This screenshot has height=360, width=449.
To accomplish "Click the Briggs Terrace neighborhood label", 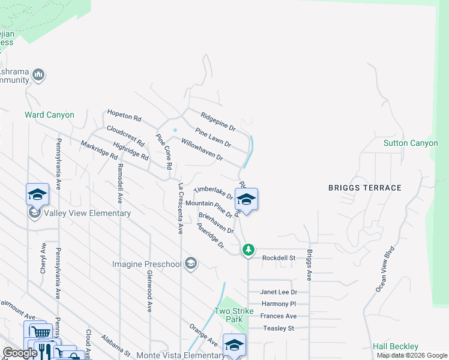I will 364,188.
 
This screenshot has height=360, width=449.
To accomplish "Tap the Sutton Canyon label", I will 411,143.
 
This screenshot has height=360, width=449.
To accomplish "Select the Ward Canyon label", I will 49,115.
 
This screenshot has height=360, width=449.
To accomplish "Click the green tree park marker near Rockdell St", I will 249,249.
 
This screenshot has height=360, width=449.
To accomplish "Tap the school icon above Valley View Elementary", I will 37,195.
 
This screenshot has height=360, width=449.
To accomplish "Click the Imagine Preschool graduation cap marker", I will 191,264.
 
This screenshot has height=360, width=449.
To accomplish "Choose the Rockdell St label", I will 279,258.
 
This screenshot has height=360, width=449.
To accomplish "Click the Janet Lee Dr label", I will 279,292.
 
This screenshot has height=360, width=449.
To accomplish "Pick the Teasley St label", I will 279,328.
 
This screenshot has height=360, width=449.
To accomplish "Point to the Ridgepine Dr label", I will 218,120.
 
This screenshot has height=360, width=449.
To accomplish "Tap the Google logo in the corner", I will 20,353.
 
